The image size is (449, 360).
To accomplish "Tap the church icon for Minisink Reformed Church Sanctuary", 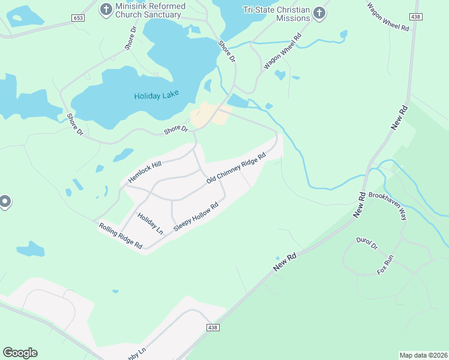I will tap(106, 9).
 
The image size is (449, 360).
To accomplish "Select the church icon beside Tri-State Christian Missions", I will tap(319, 12).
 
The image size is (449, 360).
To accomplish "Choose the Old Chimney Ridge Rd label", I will tap(236, 171).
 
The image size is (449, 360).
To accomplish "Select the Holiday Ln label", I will tap(150, 223).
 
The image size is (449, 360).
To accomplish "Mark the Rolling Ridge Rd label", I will tap(121, 235).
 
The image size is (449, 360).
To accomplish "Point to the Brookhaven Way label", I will tap(388, 206).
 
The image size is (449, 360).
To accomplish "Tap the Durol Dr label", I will tap(366, 243).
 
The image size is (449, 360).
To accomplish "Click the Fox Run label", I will tap(385, 265).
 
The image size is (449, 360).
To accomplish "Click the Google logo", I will tap(20, 353).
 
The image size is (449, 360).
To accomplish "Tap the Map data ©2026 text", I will tap(423, 355).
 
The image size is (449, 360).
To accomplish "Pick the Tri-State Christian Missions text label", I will tap(277, 14).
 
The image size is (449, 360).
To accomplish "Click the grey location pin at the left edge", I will tap(4, 202).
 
